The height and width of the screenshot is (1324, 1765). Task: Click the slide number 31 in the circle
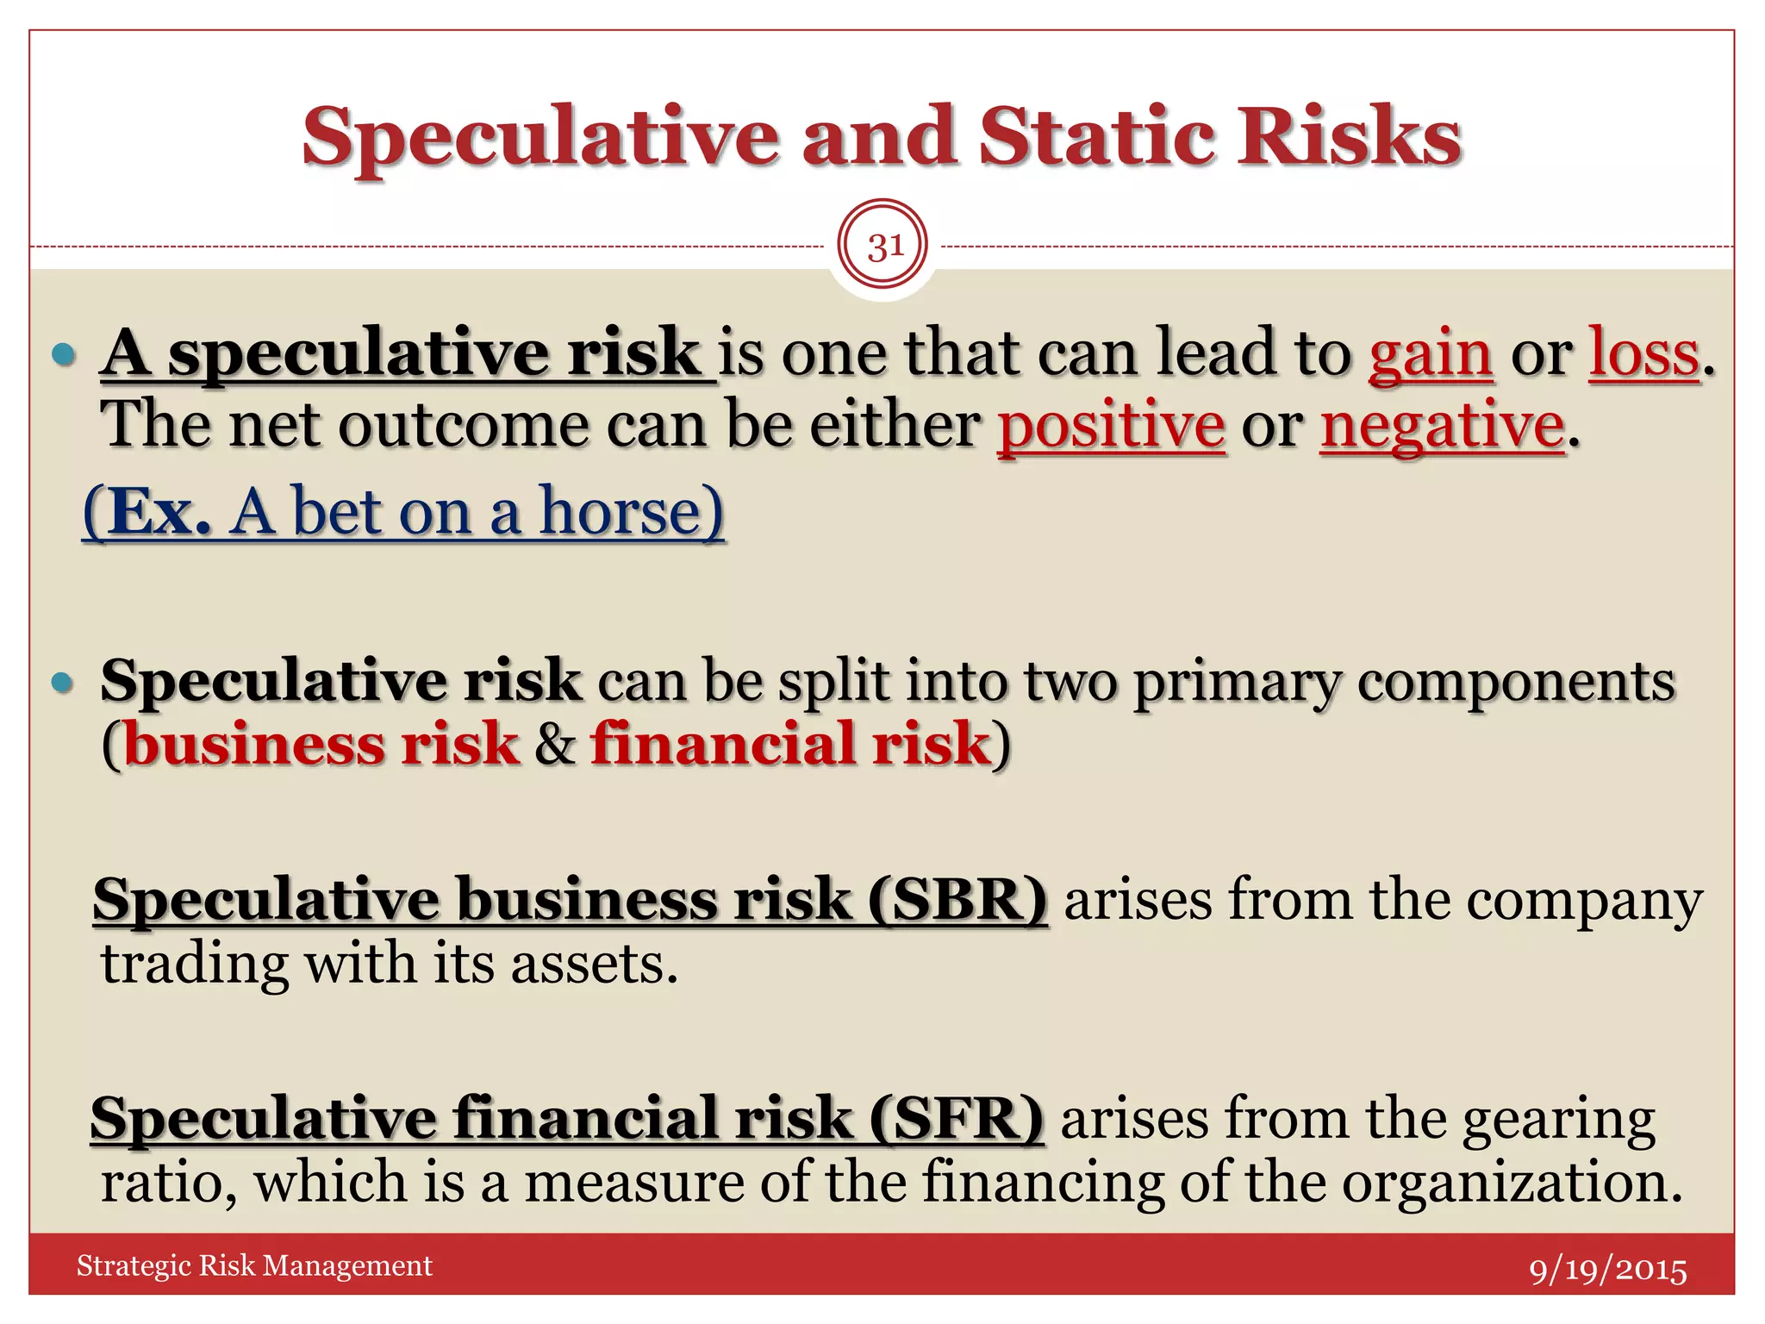pos(883,247)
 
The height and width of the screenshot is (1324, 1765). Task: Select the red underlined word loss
pos(1643,354)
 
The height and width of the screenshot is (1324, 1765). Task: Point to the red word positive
pos(1111,426)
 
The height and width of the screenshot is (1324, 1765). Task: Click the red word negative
pos(1442,426)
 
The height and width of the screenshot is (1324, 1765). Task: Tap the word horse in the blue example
pos(631,512)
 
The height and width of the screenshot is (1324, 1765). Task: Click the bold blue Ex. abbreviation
pos(160,512)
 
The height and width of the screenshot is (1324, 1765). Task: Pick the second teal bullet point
pos(65,683)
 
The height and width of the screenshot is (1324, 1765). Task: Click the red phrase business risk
pos(321,744)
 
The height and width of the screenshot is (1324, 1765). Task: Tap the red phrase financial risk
pos(790,744)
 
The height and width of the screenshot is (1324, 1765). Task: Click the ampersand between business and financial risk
pos(555,746)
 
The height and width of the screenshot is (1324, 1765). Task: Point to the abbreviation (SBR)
pos(957,900)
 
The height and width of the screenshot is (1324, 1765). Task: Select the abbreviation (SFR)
pos(956,1119)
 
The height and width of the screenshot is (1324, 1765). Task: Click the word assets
pos(594,964)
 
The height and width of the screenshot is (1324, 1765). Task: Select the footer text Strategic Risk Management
pos(254,1265)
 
